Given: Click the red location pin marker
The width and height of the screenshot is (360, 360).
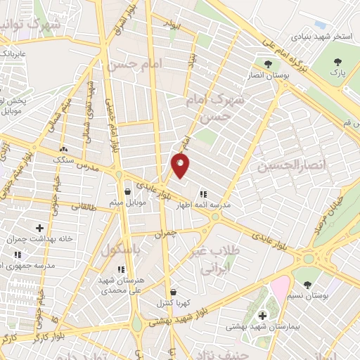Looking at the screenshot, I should pyautogui.click(x=181, y=165).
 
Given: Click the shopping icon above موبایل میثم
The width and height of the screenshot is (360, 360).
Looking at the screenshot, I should pyautogui.click(x=127, y=191).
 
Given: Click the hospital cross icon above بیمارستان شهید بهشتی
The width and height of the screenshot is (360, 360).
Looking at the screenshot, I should pyautogui.click(x=263, y=316).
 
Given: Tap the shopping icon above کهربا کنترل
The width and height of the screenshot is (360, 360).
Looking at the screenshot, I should pyautogui.click(x=173, y=292).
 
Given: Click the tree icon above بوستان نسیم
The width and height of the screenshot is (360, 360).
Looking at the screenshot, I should pyautogui.click(x=308, y=285).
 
